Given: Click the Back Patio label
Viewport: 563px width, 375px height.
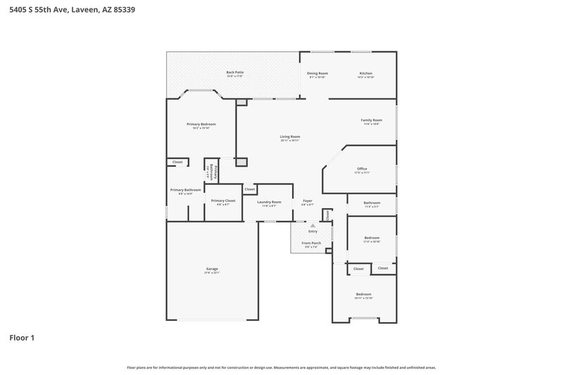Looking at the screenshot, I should click(235, 72).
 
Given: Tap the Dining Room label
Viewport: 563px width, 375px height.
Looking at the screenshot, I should click(317, 73).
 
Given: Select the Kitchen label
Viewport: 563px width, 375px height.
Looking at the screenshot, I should click(366, 73).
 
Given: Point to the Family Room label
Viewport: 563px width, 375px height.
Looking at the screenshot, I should click(371, 120).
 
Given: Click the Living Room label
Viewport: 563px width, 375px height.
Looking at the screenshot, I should click(290, 136).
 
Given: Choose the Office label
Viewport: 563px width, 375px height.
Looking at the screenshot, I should click(362, 169).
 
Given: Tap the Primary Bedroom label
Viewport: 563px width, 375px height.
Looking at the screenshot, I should click(201, 124).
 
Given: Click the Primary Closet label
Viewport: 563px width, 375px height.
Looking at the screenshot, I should click(223, 201).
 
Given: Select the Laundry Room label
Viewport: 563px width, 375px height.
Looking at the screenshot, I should click(269, 202).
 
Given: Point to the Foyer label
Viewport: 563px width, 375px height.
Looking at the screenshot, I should click(308, 201).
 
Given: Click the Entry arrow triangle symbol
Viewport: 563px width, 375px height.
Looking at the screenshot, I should click(313, 225).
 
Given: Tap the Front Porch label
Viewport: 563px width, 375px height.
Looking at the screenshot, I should click(312, 243).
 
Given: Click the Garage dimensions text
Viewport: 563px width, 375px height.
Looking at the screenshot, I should click(212, 274).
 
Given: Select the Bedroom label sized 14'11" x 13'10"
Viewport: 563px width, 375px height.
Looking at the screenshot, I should click(363, 293).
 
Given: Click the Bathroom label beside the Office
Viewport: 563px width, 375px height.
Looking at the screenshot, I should click(372, 203).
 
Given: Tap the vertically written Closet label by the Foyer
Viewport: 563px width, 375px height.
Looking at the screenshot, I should click(327, 214).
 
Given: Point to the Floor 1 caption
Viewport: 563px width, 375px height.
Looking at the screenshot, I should click(22, 338).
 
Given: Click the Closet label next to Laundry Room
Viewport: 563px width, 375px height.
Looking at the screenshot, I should click(250, 189).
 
